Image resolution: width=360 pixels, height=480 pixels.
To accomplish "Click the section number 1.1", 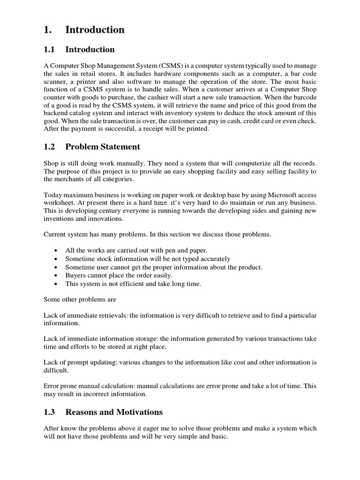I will [x=49, y=50].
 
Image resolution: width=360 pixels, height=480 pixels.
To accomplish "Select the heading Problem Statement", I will [x=103, y=147].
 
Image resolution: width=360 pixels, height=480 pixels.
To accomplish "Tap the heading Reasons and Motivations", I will [x=114, y=412].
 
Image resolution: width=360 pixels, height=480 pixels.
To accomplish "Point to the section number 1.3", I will [x=49, y=412].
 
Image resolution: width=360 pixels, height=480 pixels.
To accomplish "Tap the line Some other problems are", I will [x=80, y=299].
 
